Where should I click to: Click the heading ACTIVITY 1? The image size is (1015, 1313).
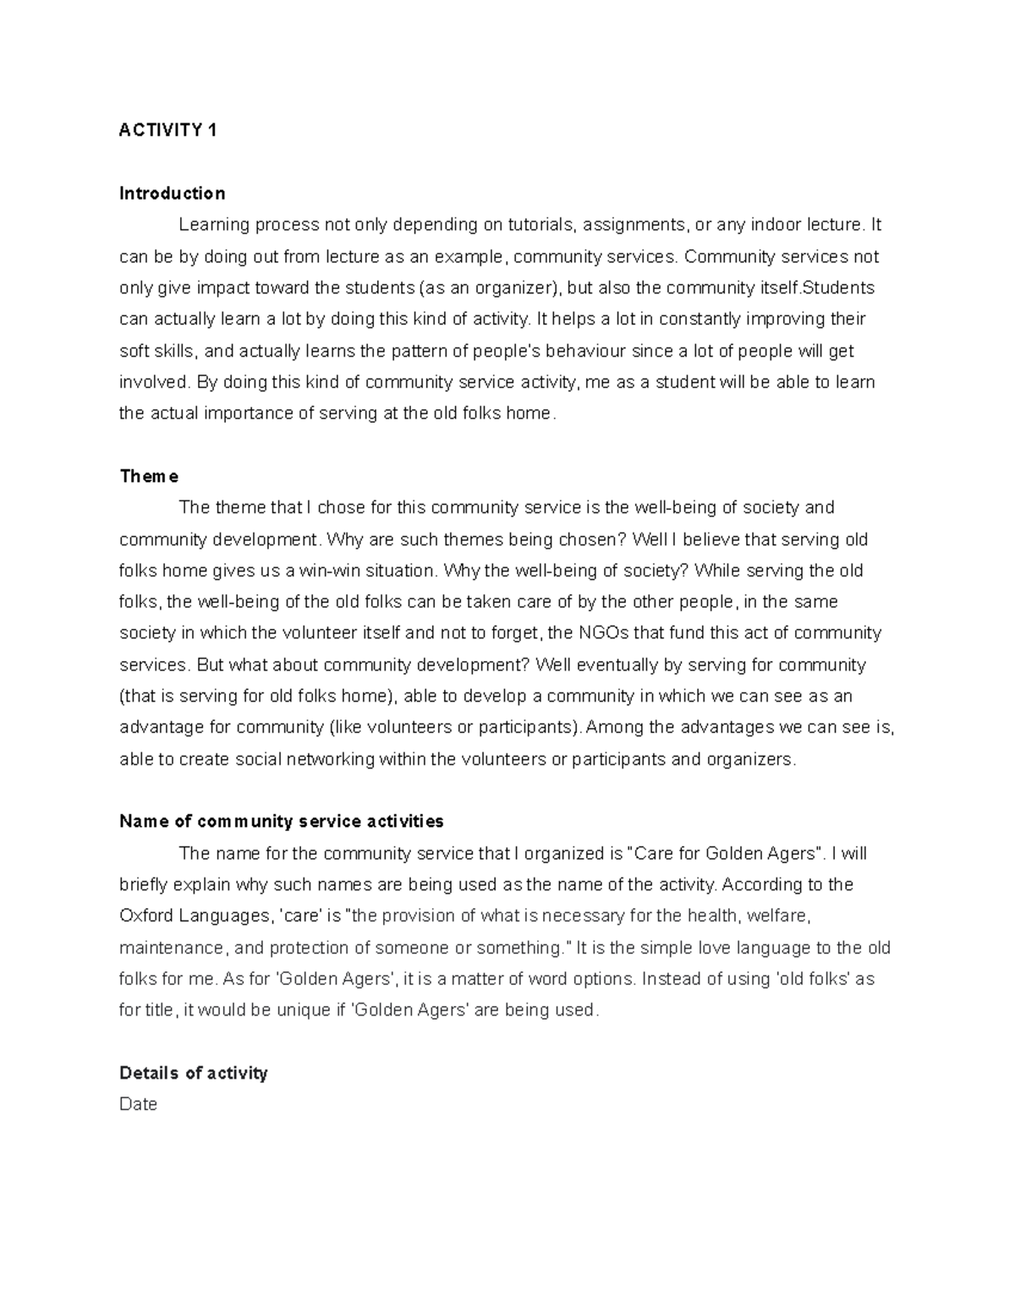coord(168,130)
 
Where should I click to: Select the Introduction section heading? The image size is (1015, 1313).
coord(173,194)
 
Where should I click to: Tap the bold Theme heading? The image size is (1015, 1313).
coord(149,477)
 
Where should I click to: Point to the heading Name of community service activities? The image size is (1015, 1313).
coord(282,822)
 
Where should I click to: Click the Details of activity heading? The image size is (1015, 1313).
coord(194,1074)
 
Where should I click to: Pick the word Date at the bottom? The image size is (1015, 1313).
coord(139,1105)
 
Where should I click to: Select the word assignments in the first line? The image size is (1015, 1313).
coord(634,225)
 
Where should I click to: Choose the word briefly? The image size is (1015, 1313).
coord(145,885)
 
